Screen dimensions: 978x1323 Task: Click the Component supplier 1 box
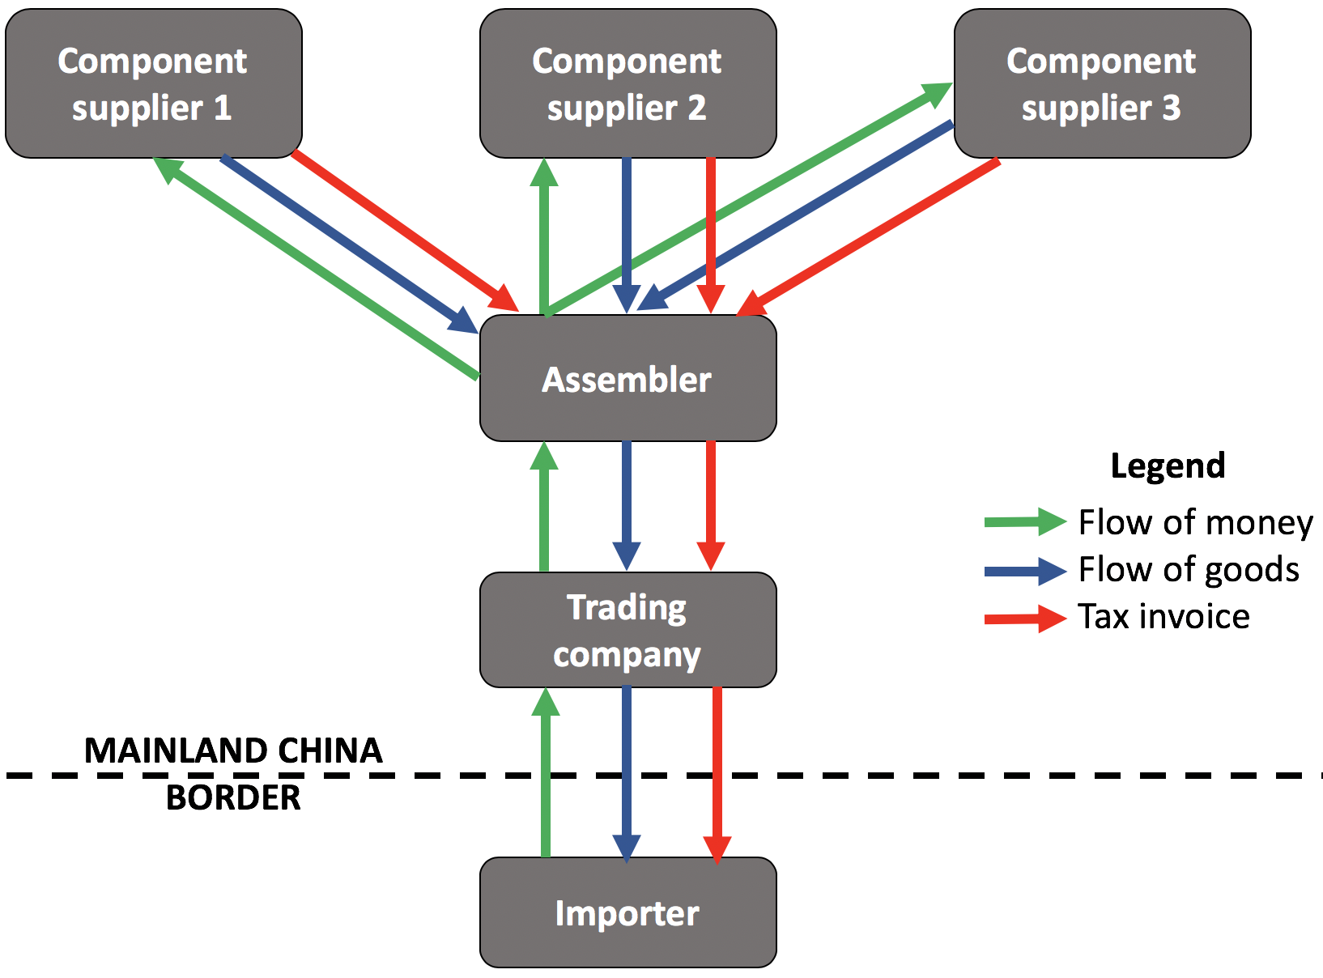coord(154,83)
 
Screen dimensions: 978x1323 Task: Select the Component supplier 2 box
coord(627,83)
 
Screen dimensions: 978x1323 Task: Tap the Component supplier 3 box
coord(1102,83)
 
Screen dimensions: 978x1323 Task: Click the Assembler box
coord(627,378)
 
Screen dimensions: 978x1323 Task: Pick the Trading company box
coord(627,630)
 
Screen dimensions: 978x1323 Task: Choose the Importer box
coord(627,912)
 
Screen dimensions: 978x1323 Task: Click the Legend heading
coord(1168,466)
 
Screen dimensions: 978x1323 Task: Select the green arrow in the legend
coord(1024,522)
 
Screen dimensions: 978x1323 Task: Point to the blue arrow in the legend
coord(1024,571)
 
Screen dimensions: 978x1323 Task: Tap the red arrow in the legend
coord(1024,619)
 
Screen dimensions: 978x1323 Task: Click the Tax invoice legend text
coord(1163,617)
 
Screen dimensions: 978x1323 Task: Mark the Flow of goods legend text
coord(1189,570)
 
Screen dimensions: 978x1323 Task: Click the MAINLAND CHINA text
coord(233,751)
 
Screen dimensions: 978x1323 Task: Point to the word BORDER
coord(233,798)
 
